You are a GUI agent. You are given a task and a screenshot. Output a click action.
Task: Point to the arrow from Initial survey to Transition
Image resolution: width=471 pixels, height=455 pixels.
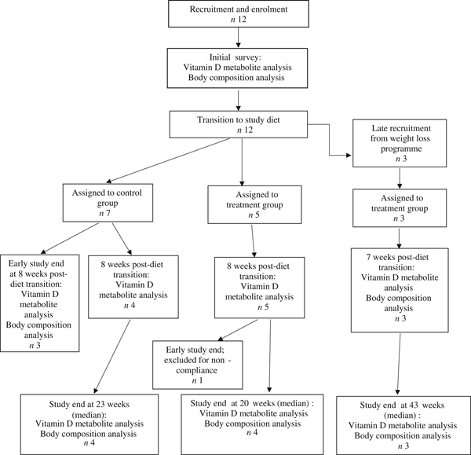[x=239, y=100]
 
